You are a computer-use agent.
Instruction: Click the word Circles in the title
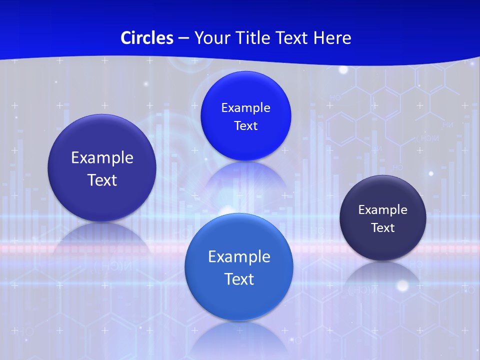pos(146,38)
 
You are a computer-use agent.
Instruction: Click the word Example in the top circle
pos(245,107)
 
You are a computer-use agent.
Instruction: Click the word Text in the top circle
pos(245,125)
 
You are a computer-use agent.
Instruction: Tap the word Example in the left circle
pos(102,157)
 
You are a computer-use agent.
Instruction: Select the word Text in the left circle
pos(102,180)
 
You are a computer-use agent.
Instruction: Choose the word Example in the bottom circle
pos(239,256)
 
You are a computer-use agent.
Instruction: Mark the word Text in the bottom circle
pos(239,279)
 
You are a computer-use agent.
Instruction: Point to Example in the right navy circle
pos(383,210)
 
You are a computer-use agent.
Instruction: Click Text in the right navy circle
pos(383,228)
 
